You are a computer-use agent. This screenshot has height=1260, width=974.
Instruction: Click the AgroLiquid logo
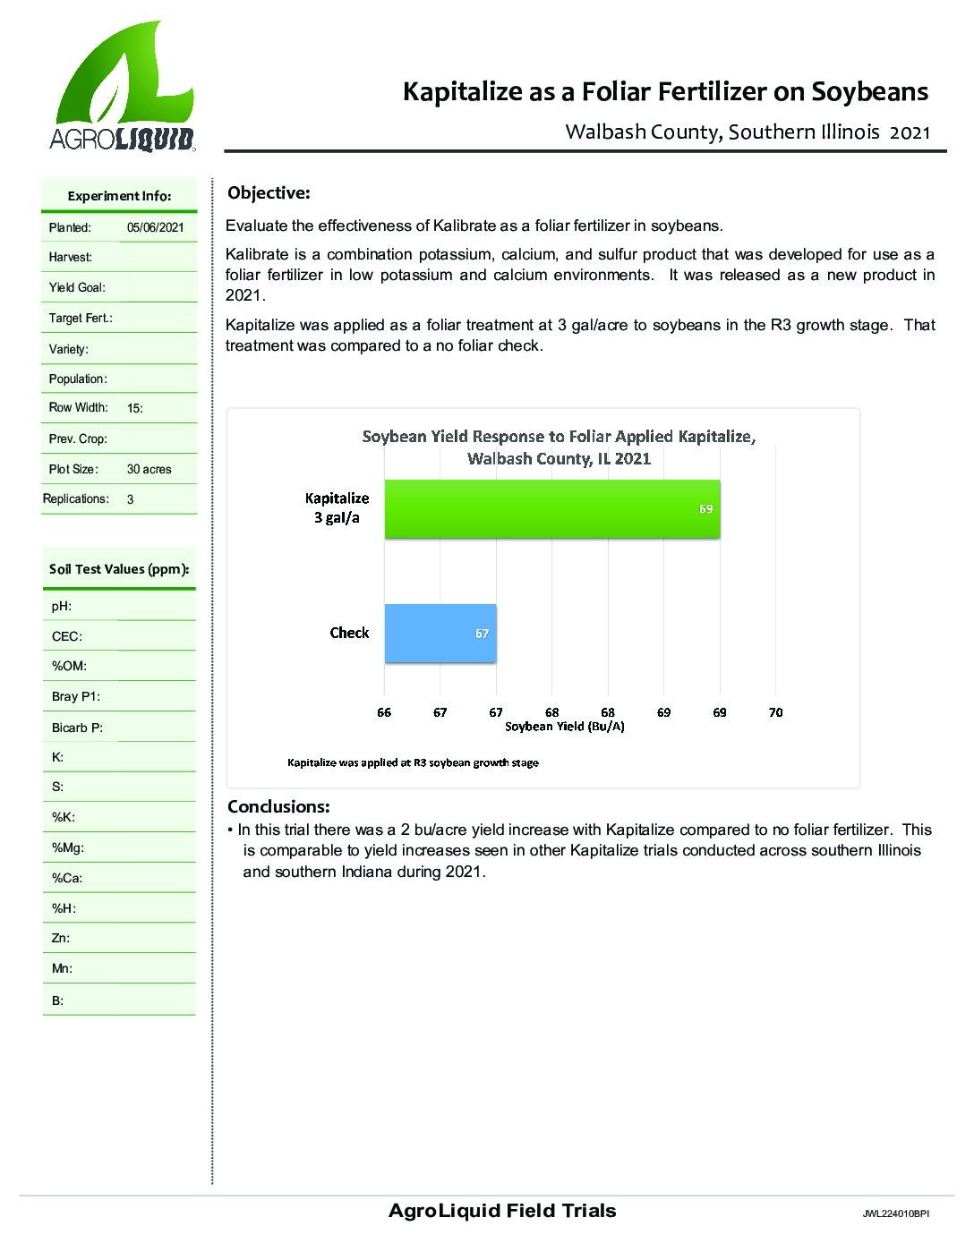coord(124,87)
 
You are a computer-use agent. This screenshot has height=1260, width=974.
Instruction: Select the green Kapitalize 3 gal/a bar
coord(551,509)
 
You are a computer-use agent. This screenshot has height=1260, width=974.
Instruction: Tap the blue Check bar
coord(440,634)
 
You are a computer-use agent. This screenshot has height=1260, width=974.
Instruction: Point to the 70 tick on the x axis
coord(775,712)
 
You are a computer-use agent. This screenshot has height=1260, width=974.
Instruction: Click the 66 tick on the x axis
coord(384,712)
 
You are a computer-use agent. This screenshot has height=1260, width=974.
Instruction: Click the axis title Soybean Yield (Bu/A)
coord(564,727)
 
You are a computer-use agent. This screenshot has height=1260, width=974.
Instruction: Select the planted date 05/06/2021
coord(155,227)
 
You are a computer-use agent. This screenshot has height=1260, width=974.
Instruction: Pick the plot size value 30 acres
coord(149,469)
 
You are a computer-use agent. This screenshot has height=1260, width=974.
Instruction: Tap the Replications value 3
coord(131,499)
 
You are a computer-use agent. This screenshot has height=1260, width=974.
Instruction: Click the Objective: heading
coord(269,193)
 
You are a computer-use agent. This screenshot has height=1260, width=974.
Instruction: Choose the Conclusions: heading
coord(278,806)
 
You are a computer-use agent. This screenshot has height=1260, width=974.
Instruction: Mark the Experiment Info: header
coord(119,196)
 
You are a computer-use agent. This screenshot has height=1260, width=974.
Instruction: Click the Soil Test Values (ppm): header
coord(119,569)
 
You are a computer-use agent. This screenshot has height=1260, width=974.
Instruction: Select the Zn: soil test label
coord(61,938)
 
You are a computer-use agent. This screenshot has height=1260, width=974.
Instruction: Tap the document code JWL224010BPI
coord(895,1214)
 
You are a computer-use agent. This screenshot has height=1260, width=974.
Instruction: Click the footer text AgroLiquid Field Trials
coord(502,1211)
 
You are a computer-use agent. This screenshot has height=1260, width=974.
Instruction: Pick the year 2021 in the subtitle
coord(910,132)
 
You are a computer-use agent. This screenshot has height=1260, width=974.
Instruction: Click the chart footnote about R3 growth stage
coord(413,763)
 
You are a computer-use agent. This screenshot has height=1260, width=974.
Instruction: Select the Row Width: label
coord(78,408)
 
